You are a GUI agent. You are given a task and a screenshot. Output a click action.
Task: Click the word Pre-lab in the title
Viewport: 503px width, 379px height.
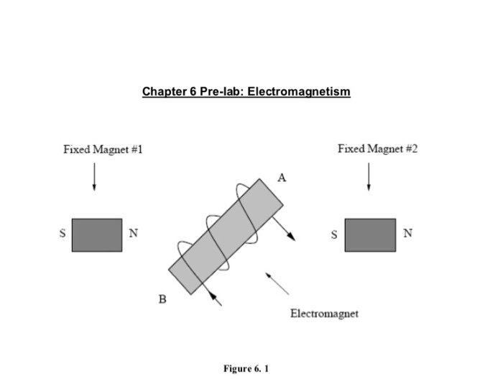click(221, 92)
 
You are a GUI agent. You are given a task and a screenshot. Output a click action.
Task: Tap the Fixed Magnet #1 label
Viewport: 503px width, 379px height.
click(103, 150)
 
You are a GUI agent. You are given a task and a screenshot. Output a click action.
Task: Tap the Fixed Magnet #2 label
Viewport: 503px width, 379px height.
click(377, 149)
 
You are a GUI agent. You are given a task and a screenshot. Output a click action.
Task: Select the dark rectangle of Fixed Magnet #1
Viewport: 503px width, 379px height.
click(96, 235)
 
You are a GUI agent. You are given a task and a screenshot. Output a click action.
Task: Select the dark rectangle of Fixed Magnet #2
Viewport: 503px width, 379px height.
click(370, 235)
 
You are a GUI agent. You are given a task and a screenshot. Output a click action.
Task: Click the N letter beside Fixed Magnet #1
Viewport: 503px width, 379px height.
click(133, 233)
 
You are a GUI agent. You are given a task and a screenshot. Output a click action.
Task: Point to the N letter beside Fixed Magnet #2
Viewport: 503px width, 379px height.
click(408, 233)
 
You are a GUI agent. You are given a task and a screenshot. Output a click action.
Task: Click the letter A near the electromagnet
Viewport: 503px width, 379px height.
click(282, 178)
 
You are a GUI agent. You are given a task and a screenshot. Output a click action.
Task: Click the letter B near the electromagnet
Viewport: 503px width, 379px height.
click(162, 300)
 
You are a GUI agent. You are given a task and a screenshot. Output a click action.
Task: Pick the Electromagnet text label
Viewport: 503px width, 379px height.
click(324, 314)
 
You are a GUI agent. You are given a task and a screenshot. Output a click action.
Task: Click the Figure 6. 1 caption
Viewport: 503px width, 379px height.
click(246, 368)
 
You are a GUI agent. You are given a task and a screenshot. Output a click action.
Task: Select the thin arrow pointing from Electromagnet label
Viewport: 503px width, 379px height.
click(277, 283)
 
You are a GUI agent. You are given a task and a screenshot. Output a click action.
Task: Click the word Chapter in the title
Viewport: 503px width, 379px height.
click(163, 92)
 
